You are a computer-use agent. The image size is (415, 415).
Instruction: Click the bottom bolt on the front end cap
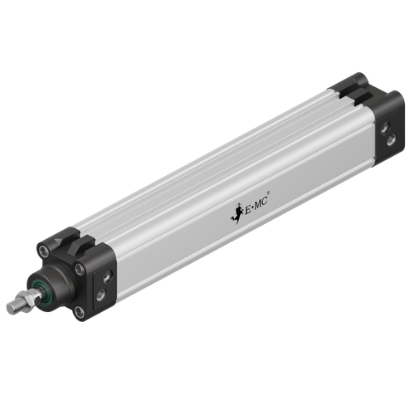(x=78, y=312)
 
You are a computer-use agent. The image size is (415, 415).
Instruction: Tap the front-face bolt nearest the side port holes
(x=81, y=270)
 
